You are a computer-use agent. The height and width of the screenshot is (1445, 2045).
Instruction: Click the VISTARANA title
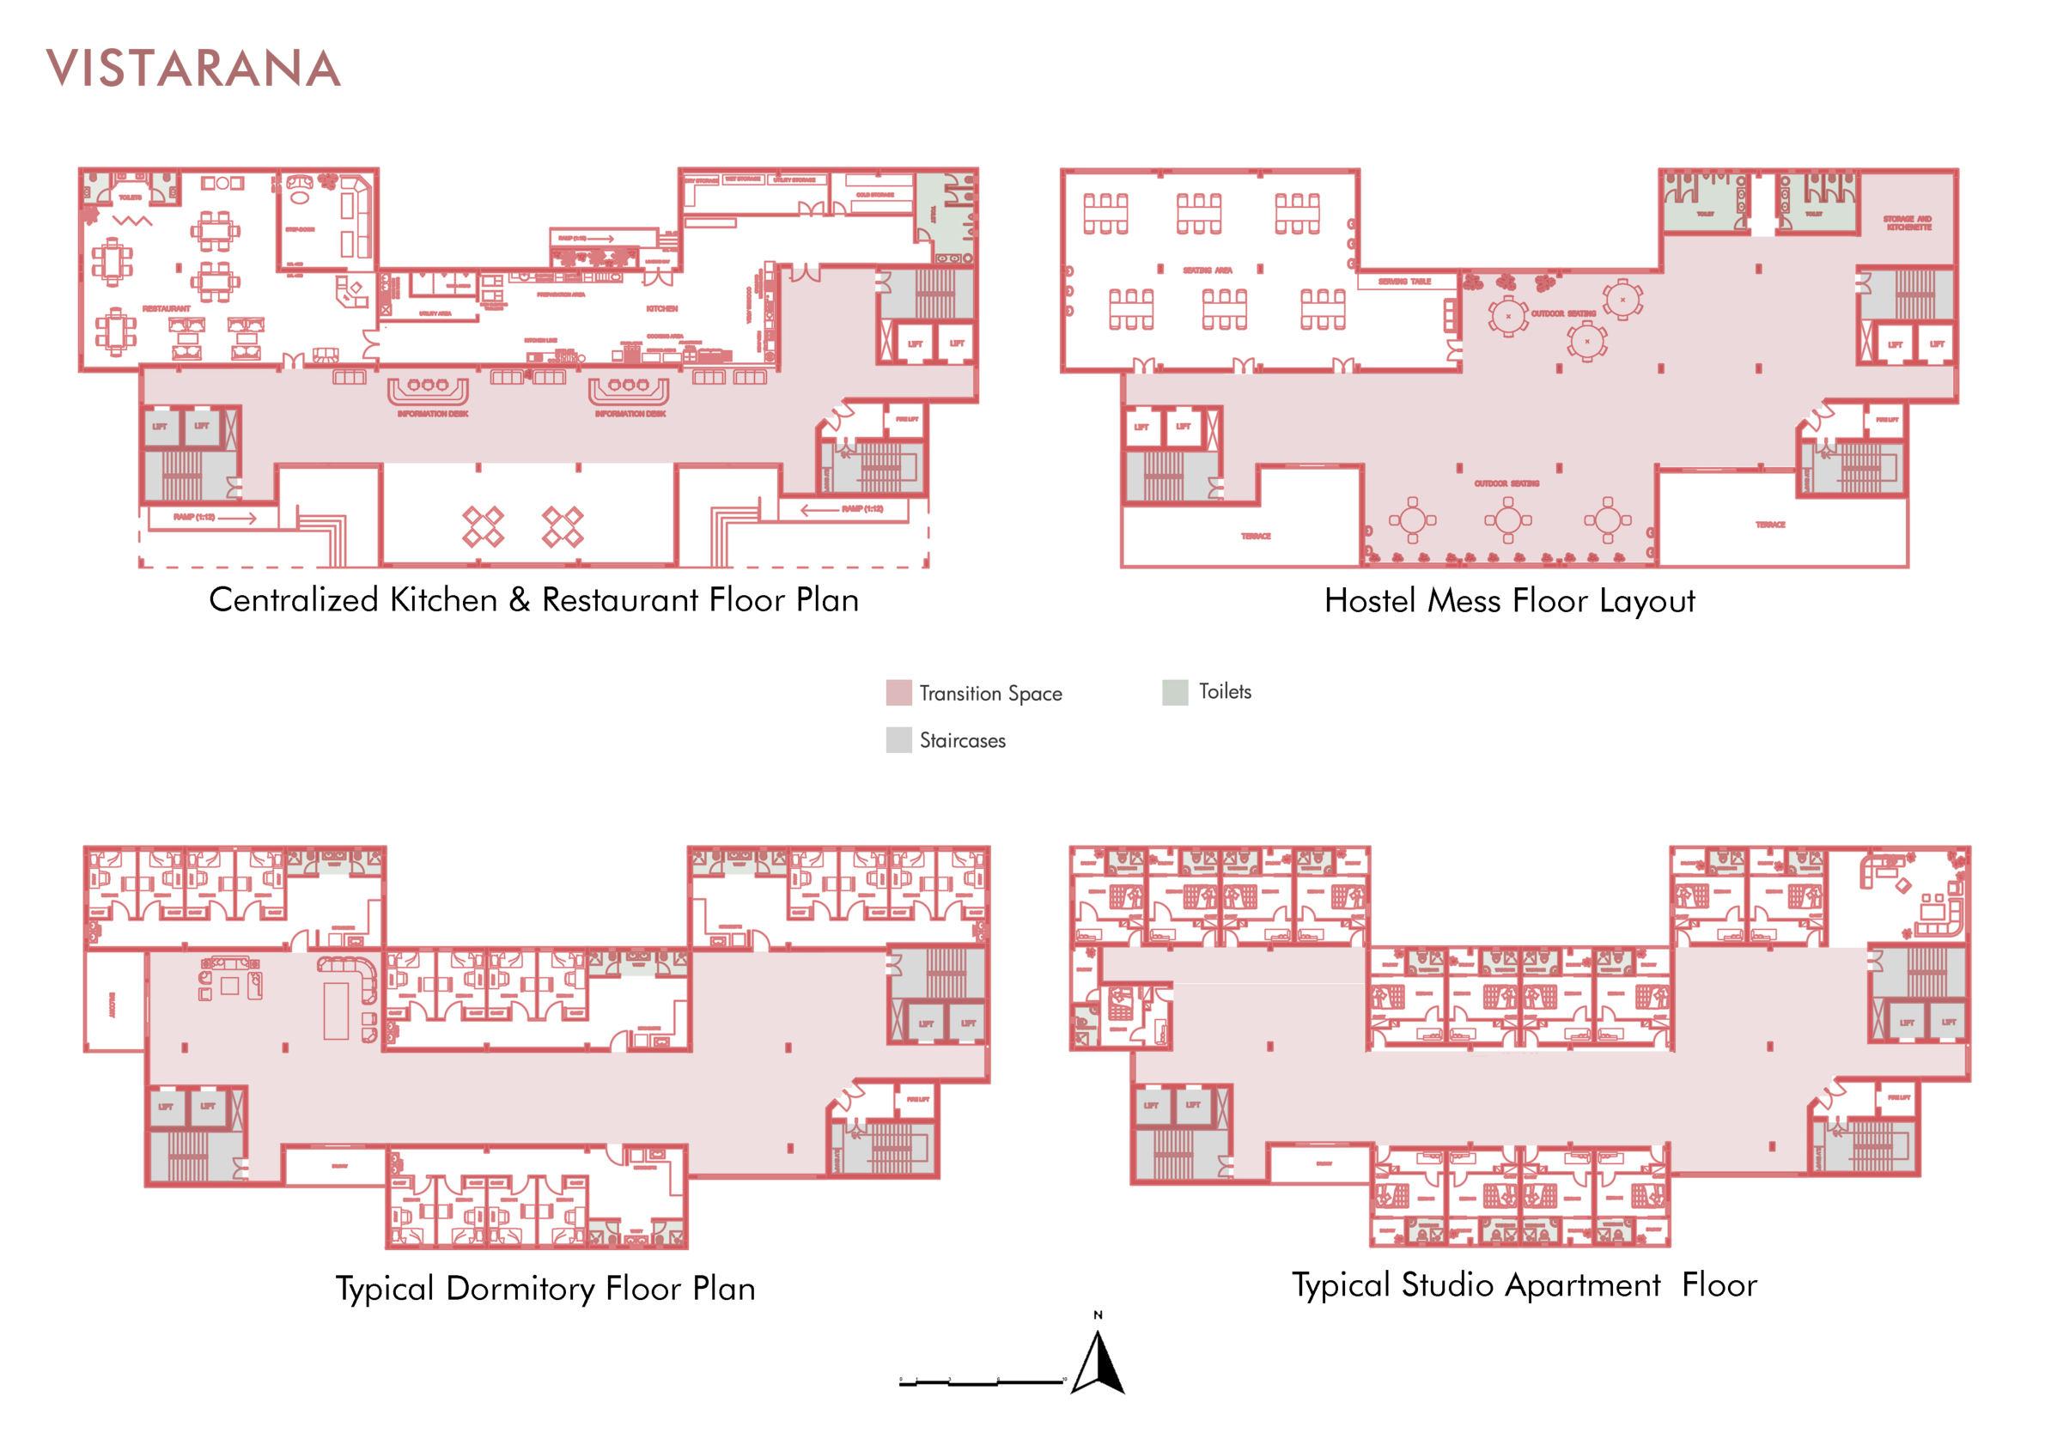tap(193, 70)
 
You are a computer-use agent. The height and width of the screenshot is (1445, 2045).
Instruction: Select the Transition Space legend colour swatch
tap(898, 693)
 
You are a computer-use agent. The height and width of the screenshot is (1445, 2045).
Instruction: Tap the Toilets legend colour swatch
tap(1175, 692)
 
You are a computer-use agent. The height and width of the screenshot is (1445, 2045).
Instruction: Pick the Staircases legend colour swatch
tap(898, 740)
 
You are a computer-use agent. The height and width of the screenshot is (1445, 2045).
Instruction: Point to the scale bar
tap(982, 1381)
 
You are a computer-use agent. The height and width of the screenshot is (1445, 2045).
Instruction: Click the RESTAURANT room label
tap(167, 309)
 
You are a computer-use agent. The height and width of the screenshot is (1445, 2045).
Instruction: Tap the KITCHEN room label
tap(662, 309)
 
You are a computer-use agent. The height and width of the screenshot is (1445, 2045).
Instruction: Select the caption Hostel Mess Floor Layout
tap(1509, 601)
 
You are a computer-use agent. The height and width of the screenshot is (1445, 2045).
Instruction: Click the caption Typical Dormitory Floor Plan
tap(545, 1288)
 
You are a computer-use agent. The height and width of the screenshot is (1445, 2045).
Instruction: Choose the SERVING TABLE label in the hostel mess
tap(1404, 282)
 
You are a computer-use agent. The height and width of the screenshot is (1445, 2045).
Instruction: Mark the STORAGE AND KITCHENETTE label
tap(1907, 222)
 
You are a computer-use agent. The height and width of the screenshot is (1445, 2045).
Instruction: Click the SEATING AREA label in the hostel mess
tap(1208, 270)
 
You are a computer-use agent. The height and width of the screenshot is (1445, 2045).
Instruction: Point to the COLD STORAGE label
tap(874, 194)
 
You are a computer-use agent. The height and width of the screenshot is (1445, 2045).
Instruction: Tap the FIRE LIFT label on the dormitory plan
tap(918, 1100)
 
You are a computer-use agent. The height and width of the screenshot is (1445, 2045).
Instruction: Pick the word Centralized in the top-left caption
tap(294, 600)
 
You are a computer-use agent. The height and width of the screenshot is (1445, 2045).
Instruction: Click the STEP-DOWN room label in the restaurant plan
tap(299, 230)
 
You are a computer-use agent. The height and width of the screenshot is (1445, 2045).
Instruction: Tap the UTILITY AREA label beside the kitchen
tap(435, 313)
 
